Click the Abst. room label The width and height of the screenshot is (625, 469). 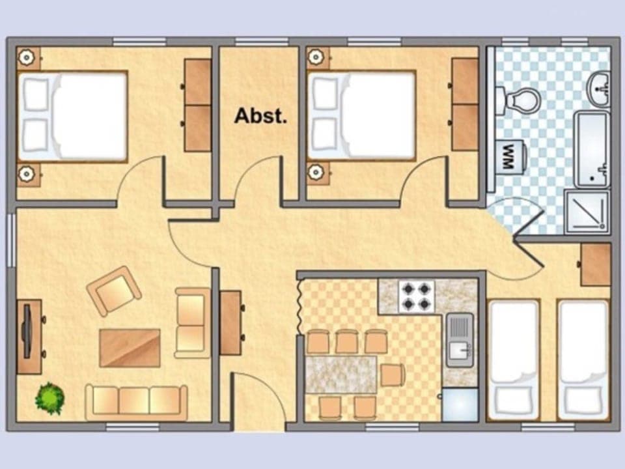click(x=260, y=116)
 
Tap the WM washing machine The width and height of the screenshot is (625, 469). click(x=510, y=157)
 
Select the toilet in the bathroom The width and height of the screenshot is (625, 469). click(x=519, y=100)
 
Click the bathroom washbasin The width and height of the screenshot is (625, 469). click(x=598, y=89)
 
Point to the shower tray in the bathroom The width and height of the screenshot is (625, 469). click(x=587, y=212)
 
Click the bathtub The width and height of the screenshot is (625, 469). click(x=592, y=149)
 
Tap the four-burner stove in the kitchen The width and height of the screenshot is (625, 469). click(x=416, y=296)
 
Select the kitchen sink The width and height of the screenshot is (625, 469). click(x=460, y=339)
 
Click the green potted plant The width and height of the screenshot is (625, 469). click(x=49, y=398)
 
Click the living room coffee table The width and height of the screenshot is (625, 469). click(x=130, y=348)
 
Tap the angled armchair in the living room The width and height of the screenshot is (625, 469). click(x=115, y=291)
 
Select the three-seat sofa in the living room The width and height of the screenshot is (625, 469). click(x=136, y=401)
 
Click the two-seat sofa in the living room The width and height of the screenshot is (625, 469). click(x=192, y=322)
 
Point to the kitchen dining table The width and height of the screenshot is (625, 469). click(x=340, y=375)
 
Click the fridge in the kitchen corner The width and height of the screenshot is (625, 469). click(x=460, y=405)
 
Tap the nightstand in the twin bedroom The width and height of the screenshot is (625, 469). click(x=595, y=264)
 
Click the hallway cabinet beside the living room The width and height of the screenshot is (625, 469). click(x=230, y=322)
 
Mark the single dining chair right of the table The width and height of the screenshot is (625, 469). click(x=393, y=375)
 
